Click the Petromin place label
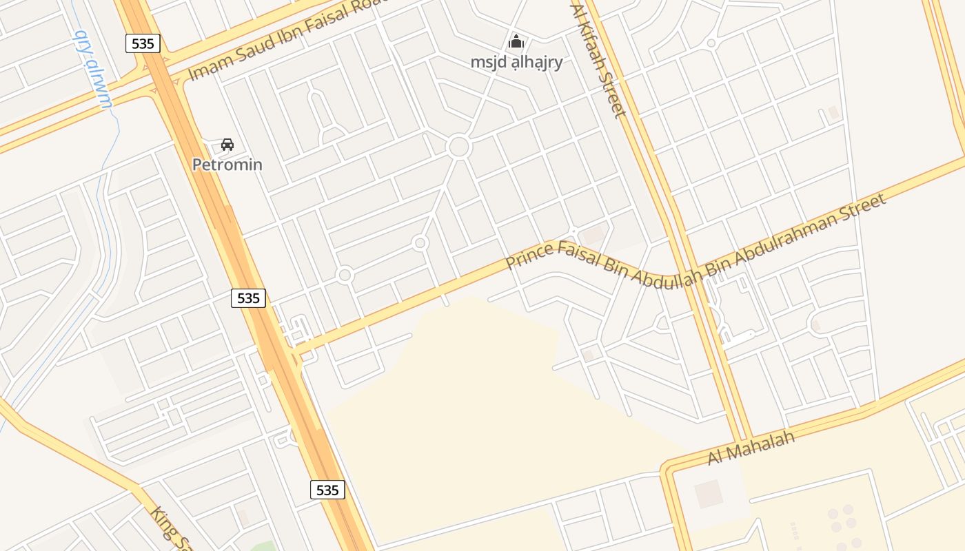tap(227, 165)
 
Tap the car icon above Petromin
tap(227, 145)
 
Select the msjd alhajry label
tap(516, 62)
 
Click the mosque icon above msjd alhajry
tap(516, 41)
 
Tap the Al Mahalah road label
tap(751, 447)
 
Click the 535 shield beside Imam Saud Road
tap(143, 43)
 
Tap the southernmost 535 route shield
tap(327, 490)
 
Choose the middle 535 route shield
tap(248, 298)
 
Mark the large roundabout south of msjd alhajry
tap(458, 147)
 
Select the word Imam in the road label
tap(204, 66)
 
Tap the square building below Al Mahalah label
tap(708, 494)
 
